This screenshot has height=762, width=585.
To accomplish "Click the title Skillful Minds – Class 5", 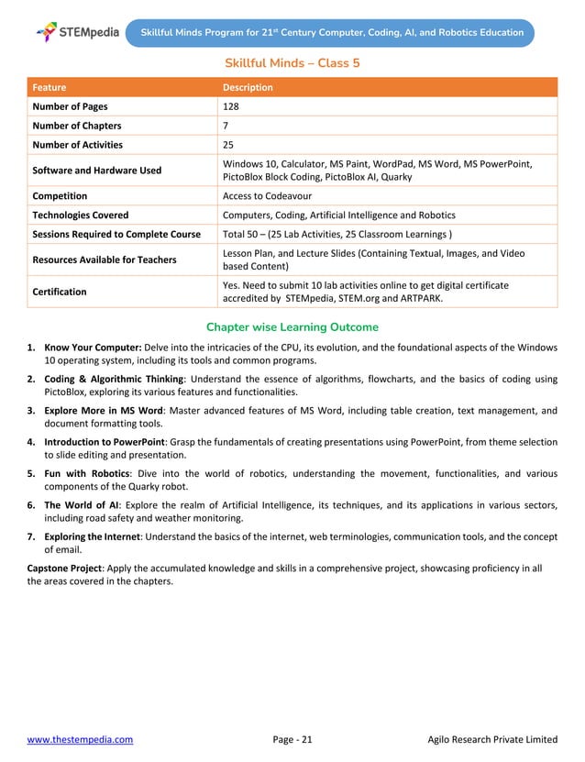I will tap(292, 63).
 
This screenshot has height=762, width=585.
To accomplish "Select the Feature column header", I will tap(50, 87).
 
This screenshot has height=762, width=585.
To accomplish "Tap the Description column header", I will tap(248, 87).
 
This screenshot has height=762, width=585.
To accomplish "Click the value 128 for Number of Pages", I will tap(232, 106).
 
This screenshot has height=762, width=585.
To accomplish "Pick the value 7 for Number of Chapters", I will tap(226, 126).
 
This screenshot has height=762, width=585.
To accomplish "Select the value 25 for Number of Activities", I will tap(229, 145).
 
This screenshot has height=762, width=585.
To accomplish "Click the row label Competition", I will tap(60, 195).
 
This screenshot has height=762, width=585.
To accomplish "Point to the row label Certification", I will tap(60, 292).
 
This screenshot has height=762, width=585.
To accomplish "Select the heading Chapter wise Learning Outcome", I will tap(292, 327).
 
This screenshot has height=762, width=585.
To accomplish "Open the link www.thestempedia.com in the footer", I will tap(80, 739).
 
